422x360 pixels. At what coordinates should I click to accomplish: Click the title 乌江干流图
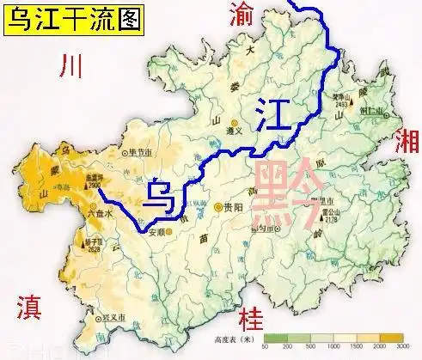[71, 18]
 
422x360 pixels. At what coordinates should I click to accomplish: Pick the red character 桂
[251, 314]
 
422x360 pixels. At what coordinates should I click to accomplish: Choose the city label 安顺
[156, 230]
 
